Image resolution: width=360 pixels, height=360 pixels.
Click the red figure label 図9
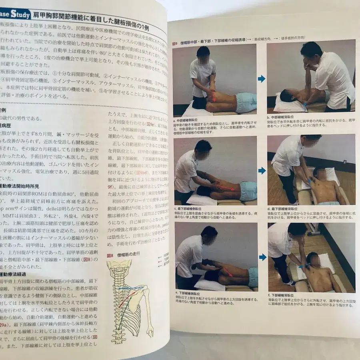pyautogui.click(x=174, y=43)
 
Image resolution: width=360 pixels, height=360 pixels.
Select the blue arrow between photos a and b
pyautogui.click(x=262, y=79)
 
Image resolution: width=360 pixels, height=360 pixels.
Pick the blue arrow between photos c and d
pyautogui.click(x=262, y=171)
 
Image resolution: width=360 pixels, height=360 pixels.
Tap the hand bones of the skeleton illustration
pyautogui.click(x=149, y=332)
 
